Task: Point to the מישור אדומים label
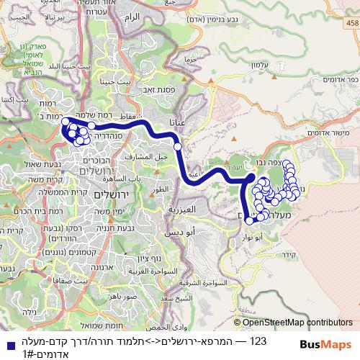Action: (x=324, y=134)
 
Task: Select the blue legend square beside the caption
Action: (x=6, y=344)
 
